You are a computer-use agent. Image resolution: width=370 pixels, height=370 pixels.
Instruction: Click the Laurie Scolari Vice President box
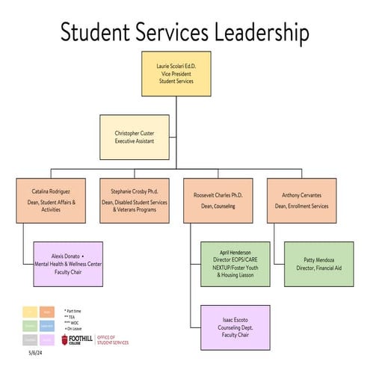pos(176,73)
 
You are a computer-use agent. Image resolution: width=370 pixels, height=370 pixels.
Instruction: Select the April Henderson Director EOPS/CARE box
pos(234,263)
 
